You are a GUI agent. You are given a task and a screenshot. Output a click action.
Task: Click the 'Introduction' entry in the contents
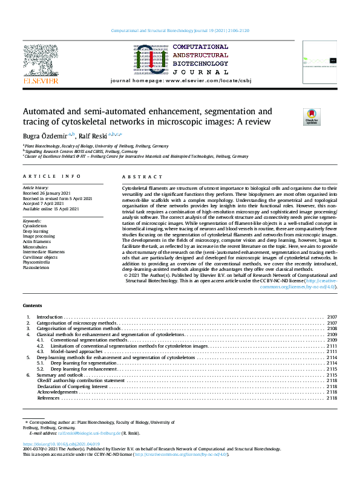point(50,317)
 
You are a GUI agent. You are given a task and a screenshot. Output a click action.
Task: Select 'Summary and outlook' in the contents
point(58,375)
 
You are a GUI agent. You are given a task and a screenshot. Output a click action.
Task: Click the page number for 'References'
point(332,398)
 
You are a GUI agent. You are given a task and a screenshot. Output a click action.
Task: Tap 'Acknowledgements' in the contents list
point(57,392)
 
